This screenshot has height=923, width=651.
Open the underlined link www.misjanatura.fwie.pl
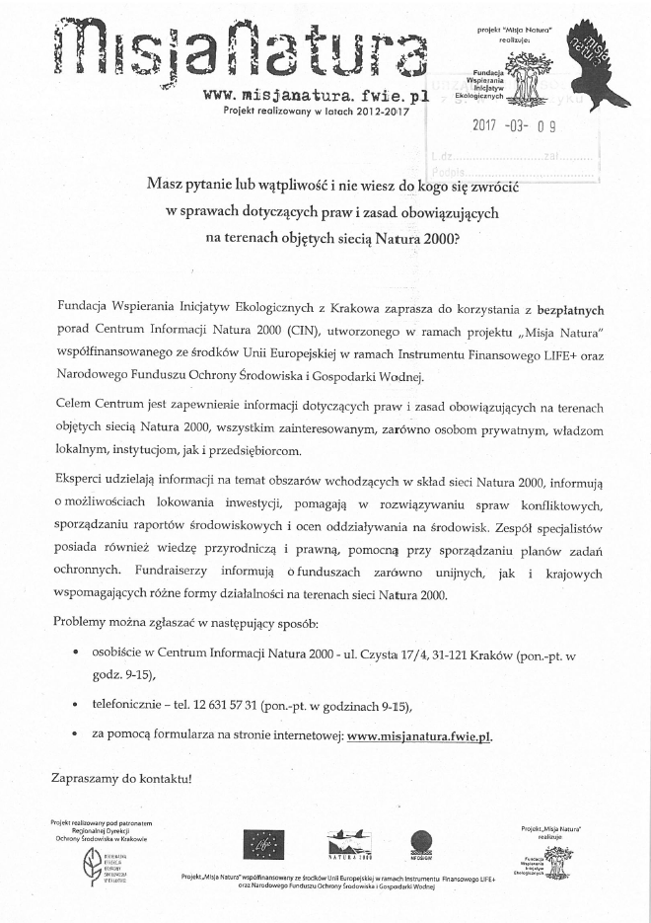click(419, 735)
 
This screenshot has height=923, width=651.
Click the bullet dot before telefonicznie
click(77, 706)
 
